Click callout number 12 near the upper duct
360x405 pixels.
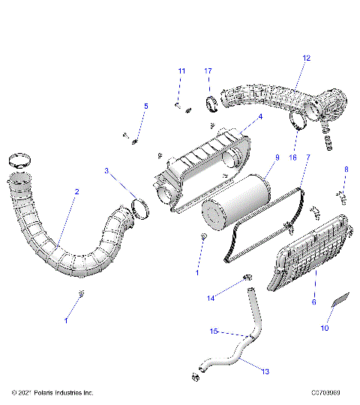point(306,58)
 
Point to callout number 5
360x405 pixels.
point(146,106)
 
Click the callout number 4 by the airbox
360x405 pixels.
point(259,117)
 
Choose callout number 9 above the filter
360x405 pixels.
point(277,157)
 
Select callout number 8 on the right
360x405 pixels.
point(346,170)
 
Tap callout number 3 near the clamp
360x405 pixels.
point(106,171)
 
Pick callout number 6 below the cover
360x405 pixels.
point(313,301)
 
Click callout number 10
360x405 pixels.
point(325,328)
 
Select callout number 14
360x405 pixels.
point(210,298)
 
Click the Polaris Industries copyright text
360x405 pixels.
point(52,392)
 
